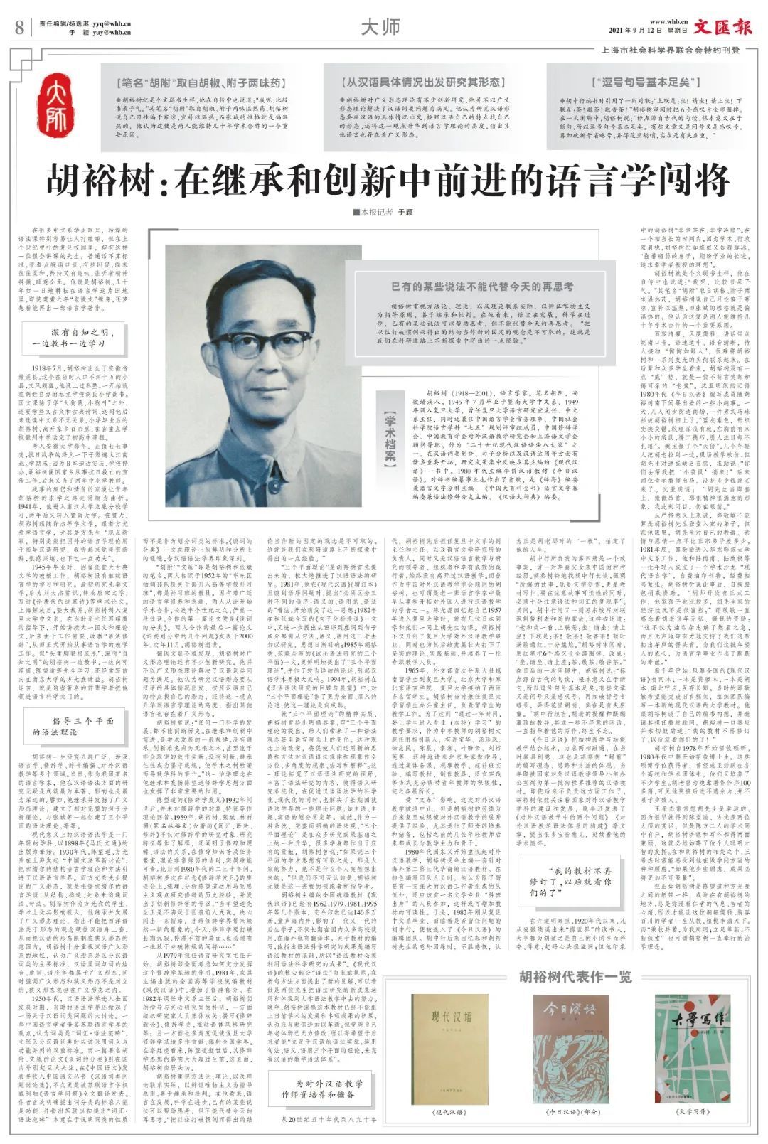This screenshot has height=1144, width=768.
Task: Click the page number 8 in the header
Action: click(19, 28)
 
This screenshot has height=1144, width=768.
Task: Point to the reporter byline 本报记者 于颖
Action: click(383, 212)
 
